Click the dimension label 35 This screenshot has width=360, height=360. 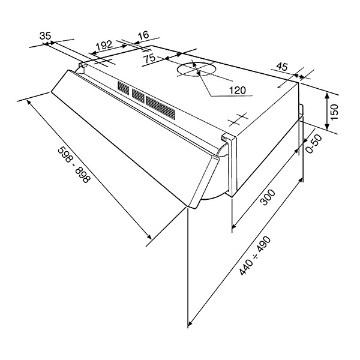point(45,35)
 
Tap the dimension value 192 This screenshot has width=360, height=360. point(104,45)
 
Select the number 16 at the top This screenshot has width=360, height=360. point(143,35)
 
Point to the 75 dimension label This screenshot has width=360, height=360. point(149,59)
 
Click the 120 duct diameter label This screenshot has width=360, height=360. point(238,90)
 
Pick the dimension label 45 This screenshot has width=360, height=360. point(282,67)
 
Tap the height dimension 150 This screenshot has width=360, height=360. point(335,112)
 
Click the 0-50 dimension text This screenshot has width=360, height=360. point(314,144)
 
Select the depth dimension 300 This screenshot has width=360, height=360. point(268,197)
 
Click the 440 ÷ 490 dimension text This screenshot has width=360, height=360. point(255,256)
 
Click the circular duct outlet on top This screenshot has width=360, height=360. point(196,69)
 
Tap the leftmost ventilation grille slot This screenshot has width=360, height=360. point(124,88)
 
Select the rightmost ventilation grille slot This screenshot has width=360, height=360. point(167,112)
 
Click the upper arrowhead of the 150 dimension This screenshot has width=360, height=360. point(328,96)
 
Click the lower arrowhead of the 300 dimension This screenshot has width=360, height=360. point(234,226)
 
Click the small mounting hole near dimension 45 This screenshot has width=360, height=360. point(279,87)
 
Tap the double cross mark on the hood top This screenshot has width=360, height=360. point(239,119)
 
